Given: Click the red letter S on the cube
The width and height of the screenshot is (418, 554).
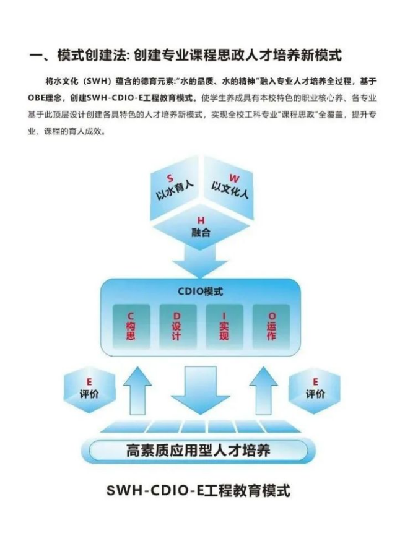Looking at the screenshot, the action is (170, 178).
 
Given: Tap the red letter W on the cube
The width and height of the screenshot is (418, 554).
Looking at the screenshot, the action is (234, 178).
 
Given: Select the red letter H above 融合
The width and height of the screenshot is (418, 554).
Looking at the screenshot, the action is (201, 220).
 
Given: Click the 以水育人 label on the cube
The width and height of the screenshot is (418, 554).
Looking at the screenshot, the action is (175, 190).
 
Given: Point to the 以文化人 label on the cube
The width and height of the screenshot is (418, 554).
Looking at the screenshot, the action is (230, 190).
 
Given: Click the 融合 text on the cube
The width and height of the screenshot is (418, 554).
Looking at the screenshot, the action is (201, 233).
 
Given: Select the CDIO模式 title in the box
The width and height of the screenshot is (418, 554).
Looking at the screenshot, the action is (201, 292).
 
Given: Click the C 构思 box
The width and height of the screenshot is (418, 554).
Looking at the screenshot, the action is (131, 326).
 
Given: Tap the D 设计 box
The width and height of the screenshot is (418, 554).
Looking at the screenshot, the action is (178, 326).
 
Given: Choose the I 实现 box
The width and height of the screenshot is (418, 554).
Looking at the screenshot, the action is (224, 326).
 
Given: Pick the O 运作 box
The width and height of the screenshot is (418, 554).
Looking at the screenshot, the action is (271, 326).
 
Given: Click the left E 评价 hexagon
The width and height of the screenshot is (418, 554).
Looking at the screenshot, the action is (89, 390).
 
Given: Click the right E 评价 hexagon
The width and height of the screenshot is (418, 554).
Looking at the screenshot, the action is (315, 390).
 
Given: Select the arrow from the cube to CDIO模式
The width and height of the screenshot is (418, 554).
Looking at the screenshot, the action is (200, 261).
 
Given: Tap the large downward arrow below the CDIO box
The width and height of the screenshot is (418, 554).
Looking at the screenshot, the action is (201, 391).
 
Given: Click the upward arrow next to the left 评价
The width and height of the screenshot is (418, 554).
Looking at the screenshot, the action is (137, 391).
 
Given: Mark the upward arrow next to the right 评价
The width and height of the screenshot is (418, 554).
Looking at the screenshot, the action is (264, 391).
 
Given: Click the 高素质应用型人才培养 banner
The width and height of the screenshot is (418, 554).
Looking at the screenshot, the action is (198, 451).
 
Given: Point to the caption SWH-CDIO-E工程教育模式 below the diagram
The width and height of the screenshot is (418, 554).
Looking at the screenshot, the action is (198, 491).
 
